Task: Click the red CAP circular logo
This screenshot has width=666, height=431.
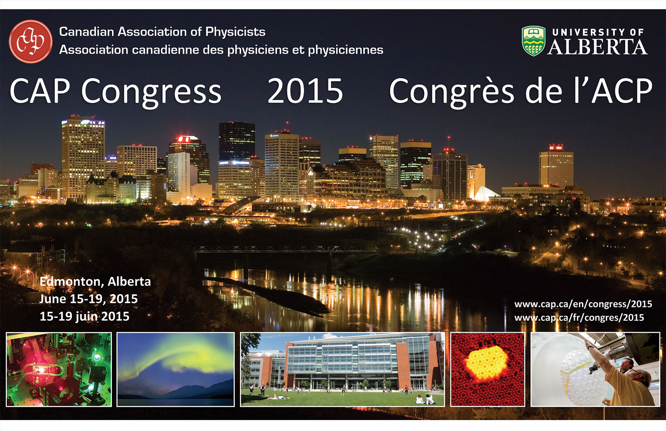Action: (31, 41)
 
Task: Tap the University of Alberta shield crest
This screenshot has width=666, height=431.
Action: (534, 41)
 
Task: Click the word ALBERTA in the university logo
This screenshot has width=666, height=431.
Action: (597, 47)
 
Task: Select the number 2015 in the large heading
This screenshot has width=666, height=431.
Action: (305, 91)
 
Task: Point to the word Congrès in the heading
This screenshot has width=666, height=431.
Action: (452, 91)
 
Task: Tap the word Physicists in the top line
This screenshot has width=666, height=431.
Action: (235, 32)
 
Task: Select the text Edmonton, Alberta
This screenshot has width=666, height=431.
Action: (95, 281)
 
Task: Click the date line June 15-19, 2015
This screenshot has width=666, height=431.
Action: (89, 299)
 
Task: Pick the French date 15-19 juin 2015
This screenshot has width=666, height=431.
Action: (84, 316)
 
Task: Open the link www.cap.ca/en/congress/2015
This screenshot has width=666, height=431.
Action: (583, 304)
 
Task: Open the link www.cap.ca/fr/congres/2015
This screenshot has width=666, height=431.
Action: (579, 318)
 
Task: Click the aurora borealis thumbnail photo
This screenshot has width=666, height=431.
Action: (176, 369)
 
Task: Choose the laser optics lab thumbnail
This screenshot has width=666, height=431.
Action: (59, 369)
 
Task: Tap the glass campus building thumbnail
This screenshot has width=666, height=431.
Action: (342, 369)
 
